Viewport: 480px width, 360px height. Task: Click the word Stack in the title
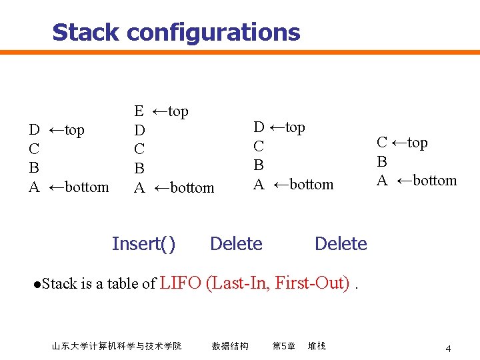(86, 32)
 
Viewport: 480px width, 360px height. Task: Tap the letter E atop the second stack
(139, 111)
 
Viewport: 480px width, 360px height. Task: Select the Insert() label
(143, 244)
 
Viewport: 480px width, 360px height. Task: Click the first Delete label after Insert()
(236, 244)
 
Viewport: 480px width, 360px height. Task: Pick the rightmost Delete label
(341, 244)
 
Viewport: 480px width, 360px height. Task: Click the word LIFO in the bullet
(181, 283)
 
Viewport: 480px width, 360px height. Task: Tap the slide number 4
(449, 349)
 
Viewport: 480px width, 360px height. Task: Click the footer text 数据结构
(230, 346)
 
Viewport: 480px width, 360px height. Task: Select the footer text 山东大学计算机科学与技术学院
(117, 346)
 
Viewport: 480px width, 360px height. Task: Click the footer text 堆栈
(317, 346)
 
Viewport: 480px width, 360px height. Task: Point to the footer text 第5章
(284, 346)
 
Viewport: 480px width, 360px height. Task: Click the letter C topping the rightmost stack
(382, 142)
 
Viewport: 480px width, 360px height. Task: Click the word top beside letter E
(177, 111)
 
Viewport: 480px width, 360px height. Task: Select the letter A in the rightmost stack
(382, 180)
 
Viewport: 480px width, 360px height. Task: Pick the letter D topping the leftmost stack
(34, 129)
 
